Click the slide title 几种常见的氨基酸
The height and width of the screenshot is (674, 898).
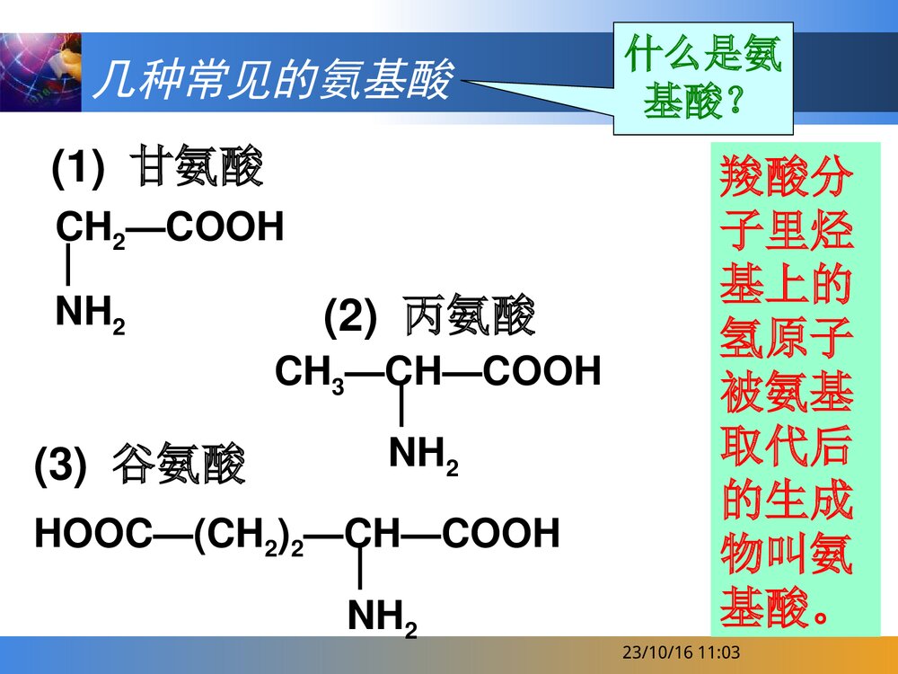(274, 81)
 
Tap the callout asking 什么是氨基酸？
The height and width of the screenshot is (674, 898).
(703, 79)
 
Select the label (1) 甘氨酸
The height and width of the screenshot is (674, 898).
(157, 167)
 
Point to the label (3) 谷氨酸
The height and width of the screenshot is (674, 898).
(139, 466)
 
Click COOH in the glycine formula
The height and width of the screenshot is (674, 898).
(225, 227)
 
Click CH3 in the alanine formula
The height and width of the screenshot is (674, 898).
(310, 371)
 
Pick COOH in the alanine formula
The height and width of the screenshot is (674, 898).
(541, 370)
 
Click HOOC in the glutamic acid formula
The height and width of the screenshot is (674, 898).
(91, 534)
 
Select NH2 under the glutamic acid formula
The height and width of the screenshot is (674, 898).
(382, 618)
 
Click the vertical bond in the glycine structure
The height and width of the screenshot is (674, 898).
(69, 267)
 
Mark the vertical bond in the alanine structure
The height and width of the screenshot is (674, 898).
(401, 409)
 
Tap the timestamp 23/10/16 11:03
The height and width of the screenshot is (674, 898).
(682, 653)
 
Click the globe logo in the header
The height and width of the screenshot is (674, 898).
(40, 72)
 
